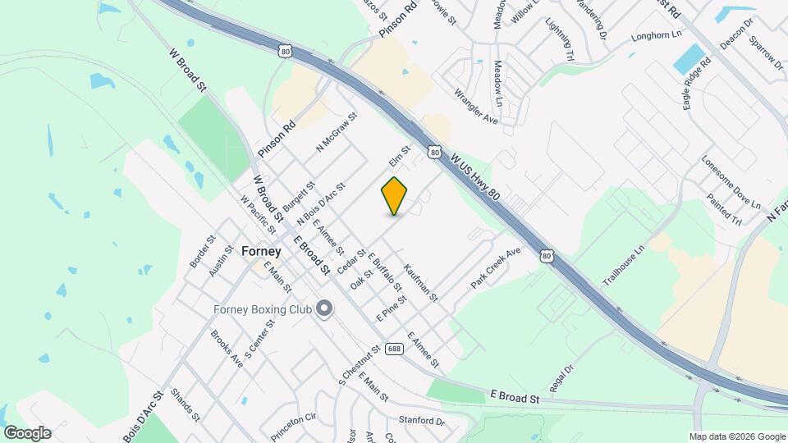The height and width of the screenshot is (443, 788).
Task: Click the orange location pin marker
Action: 395,196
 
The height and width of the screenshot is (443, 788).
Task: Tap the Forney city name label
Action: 262,252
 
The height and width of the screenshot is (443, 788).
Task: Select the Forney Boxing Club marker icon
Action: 324,309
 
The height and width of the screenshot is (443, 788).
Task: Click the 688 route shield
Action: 395,348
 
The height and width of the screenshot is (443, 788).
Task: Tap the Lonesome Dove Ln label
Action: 731,182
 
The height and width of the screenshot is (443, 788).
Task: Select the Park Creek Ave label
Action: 496,267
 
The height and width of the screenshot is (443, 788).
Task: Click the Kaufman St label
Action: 421,282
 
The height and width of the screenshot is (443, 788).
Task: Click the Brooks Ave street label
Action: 227,348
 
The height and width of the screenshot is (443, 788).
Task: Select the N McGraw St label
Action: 337,132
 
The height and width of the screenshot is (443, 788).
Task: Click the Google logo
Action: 27,432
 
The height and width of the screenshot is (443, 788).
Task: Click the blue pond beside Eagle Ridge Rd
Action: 689,57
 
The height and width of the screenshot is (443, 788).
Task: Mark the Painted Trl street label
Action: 724,209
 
